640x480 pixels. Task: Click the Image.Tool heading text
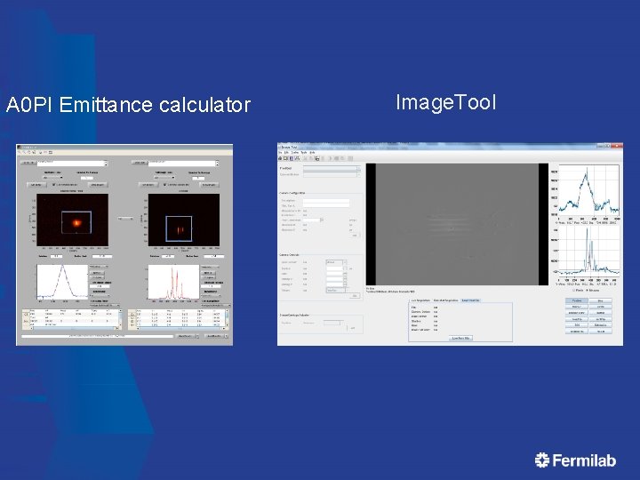(x=445, y=102)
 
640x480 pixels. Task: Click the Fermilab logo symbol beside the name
(x=542, y=460)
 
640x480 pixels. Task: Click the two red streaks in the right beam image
(x=180, y=229)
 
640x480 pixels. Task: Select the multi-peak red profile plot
(x=174, y=283)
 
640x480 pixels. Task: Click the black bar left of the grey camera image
(x=371, y=224)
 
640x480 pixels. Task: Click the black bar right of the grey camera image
(x=543, y=224)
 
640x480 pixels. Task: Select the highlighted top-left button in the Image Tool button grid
(x=577, y=300)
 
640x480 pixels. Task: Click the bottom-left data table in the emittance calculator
(x=70, y=318)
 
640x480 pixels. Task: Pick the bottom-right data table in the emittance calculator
(x=179, y=318)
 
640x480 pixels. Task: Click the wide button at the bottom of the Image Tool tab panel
(x=460, y=338)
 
